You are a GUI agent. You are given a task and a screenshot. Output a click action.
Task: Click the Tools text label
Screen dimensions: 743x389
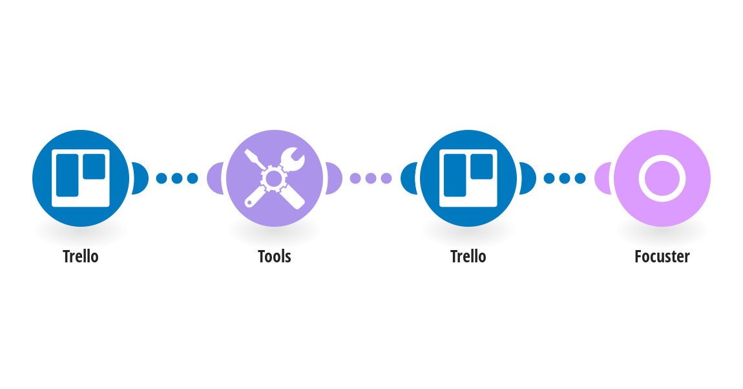click(x=275, y=257)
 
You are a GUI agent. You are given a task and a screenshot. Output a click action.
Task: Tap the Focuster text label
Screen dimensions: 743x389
click(x=662, y=257)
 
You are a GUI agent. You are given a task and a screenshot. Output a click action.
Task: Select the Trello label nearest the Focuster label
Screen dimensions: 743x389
click(x=468, y=257)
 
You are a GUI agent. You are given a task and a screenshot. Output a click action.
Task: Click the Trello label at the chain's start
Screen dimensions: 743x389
click(x=81, y=257)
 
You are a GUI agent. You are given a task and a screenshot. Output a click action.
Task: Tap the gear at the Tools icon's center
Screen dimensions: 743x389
click(x=274, y=178)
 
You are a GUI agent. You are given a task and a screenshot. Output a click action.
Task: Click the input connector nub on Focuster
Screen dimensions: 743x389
click(x=602, y=178)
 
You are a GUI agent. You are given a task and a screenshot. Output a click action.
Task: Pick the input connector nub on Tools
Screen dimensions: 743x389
click(x=215, y=178)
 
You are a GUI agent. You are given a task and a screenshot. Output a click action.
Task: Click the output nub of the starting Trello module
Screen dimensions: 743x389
click(x=141, y=178)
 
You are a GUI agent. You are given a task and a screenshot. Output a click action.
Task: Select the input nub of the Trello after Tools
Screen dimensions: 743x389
click(x=408, y=178)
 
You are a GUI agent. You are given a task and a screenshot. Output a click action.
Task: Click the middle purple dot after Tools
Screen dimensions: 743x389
click(x=371, y=178)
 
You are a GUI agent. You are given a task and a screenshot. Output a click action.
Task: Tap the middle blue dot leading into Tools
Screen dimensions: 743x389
click(x=177, y=178)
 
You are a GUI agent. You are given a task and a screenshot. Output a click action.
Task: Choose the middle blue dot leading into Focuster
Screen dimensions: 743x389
click(x=565, y=178)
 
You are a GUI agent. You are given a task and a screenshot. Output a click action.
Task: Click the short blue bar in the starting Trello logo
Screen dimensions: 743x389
click(x=94, y=166)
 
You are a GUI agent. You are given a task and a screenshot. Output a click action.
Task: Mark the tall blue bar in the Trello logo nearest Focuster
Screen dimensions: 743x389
click(x=455, y=175)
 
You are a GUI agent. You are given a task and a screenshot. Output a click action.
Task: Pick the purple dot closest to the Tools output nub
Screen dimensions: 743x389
click(x=355, y=178)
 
